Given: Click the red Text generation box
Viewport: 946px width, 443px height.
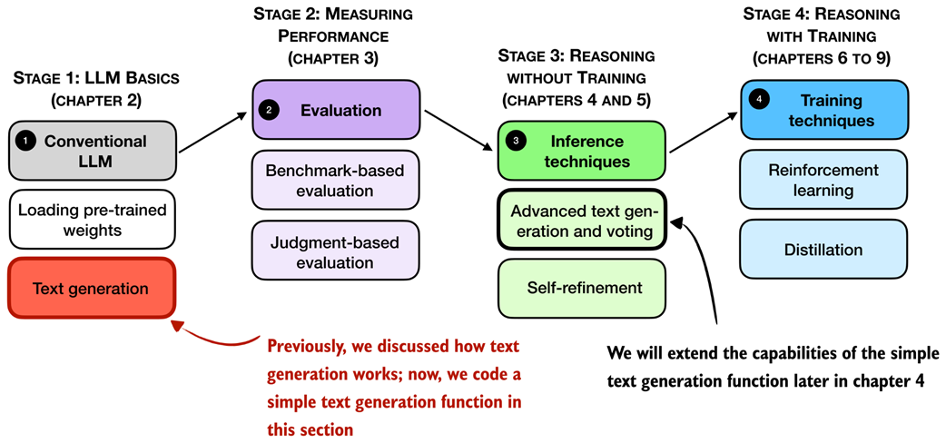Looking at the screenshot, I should coord(92,288).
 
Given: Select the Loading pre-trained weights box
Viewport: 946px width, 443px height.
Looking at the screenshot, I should coord(92,220).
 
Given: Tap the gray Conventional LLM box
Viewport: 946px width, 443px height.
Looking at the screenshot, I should coord(92,151).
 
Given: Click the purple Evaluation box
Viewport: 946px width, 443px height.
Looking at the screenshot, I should coord(336,110).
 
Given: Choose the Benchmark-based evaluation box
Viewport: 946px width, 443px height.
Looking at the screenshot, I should coord(336,180).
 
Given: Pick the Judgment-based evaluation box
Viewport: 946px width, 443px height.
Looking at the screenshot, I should coord(336,251).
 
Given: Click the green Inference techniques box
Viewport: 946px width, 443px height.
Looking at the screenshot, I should coord(582,151).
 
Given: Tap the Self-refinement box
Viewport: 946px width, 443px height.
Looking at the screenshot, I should coord(582,288).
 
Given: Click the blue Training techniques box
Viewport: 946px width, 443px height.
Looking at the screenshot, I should coord(824,110).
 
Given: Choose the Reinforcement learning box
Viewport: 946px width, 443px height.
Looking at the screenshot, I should coord(824,180).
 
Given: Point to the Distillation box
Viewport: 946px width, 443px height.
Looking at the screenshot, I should coord(824,250).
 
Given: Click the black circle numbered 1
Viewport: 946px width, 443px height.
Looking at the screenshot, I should coord(25,141).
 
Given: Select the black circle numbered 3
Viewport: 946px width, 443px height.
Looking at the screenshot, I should coord(515,142).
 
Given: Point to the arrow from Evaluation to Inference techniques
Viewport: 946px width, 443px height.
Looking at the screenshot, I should coord(458,126).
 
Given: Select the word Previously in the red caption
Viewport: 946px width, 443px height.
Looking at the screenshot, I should coord(309,346).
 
